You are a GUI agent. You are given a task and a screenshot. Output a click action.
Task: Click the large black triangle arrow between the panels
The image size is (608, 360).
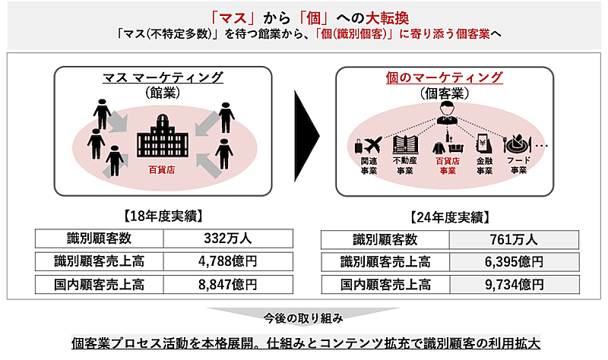point(306,130)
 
